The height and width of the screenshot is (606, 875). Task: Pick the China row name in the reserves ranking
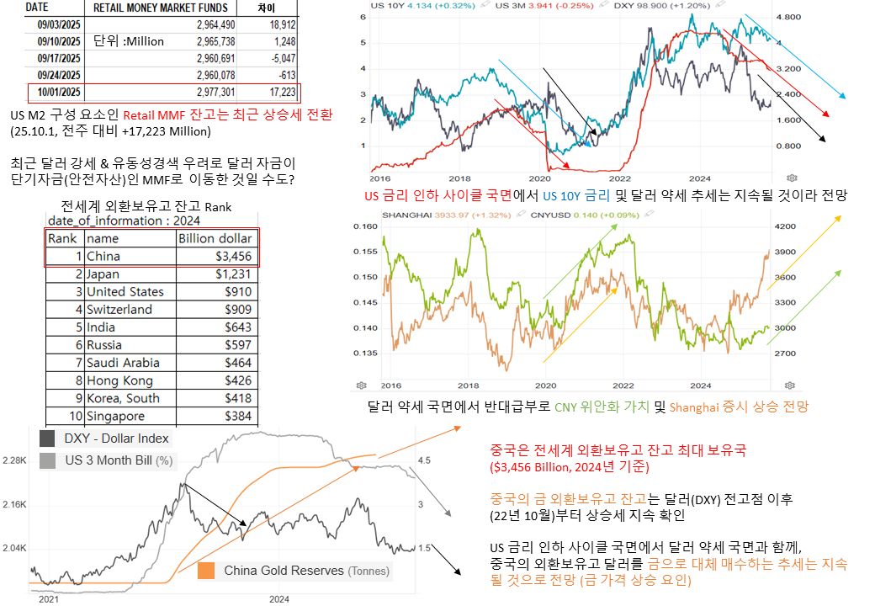[x=103, y=257]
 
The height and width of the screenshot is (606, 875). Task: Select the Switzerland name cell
[x=119, y=310]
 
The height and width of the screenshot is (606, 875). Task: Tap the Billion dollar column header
[x=214, y=238]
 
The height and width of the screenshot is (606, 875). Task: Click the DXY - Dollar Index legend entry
[x=116, y=439]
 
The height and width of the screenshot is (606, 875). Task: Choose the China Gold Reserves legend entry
[x=306, y=571]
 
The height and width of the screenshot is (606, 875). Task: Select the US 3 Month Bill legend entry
[x=118, y=460]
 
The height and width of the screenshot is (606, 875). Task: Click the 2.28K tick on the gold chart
[x=15, y=460]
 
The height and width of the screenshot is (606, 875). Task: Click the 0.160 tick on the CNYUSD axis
[x=365, y=226]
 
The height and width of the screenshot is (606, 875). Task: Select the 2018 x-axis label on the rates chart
[x=459, y=179]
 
